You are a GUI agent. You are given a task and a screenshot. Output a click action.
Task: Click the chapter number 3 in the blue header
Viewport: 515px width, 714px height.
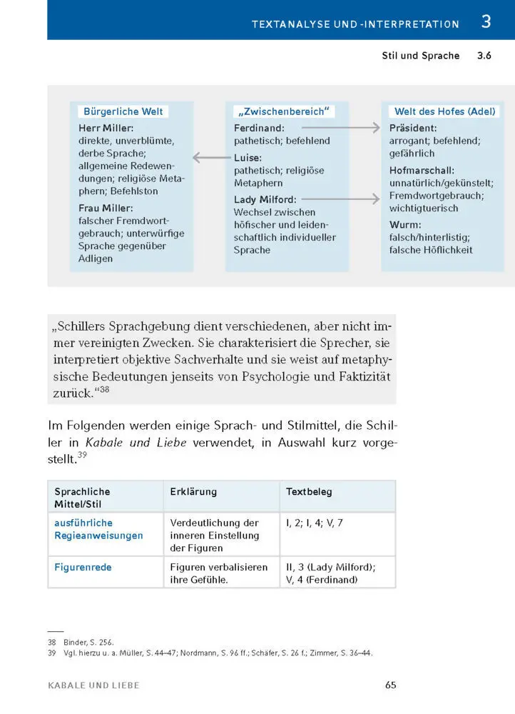[x=486, y=22]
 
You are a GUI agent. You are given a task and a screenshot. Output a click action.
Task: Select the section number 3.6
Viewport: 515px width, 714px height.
[x=484, y=56]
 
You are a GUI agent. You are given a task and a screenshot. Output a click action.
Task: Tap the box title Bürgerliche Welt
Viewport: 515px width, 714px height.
[x=123, y=111]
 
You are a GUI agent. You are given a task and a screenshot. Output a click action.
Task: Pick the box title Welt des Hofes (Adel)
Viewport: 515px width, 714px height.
[x=445, y=111]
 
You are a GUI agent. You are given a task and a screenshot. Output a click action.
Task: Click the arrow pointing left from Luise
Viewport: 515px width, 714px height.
[x=212, y=158]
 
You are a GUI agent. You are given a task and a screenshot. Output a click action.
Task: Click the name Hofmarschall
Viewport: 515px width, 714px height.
[x=423, y=171]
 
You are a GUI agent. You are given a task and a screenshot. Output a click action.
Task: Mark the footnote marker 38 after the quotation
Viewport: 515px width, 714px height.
[x=104, y=390]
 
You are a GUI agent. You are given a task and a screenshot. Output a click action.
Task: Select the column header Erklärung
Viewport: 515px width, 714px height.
[x=193, y=492]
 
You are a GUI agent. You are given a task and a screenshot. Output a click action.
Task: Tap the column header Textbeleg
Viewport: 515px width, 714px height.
[x=309, y=492]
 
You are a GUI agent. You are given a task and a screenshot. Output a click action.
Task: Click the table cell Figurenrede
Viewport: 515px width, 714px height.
[x=83, y=568]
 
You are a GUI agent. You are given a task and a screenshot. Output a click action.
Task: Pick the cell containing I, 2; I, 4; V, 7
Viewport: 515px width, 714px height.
[x=315, y=523]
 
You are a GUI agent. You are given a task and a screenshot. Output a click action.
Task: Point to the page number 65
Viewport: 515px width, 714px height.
[x=390, y=685]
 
